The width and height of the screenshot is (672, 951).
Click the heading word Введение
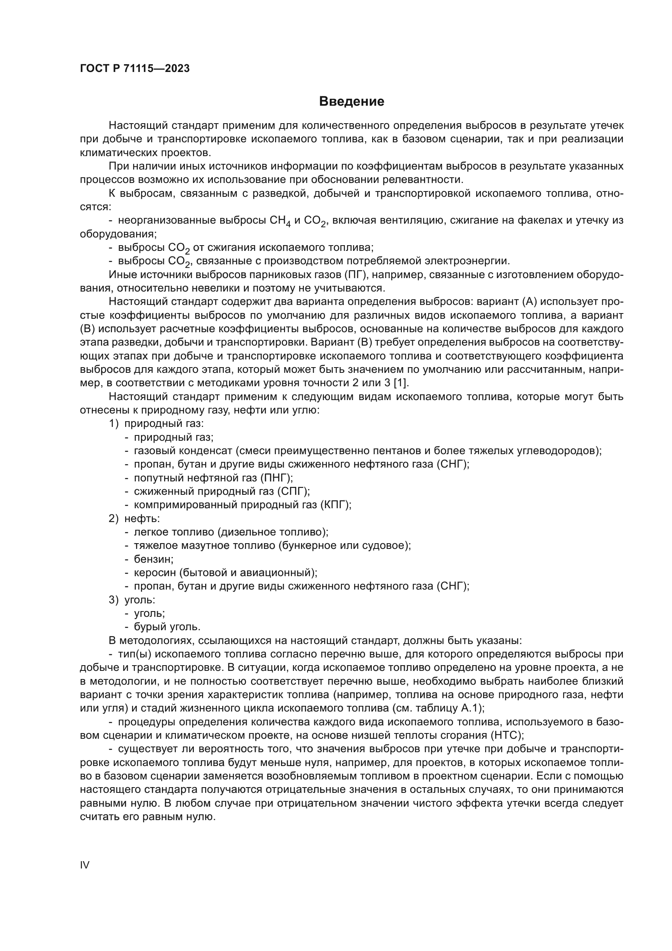click(x=351, y=102)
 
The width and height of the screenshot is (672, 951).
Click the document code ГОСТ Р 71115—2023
click(x=134, y=68)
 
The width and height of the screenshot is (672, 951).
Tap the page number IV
click(x=85, y=865)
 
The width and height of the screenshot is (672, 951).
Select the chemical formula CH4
click(x=280, y=221)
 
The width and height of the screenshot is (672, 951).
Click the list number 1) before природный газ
click(x=114, y=423)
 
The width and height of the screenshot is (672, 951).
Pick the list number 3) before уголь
click(x=114, y=599)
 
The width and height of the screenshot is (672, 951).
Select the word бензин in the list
click(x=152, y=559)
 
